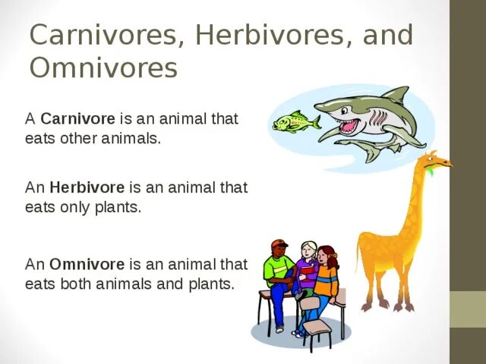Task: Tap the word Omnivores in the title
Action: [x=103, y=68]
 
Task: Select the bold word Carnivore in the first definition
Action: [x=77, y=119]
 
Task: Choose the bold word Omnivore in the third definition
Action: [x=87, y=265]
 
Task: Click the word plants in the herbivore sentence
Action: [x=121, y=207]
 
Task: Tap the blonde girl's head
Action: [x=308, y=249]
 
